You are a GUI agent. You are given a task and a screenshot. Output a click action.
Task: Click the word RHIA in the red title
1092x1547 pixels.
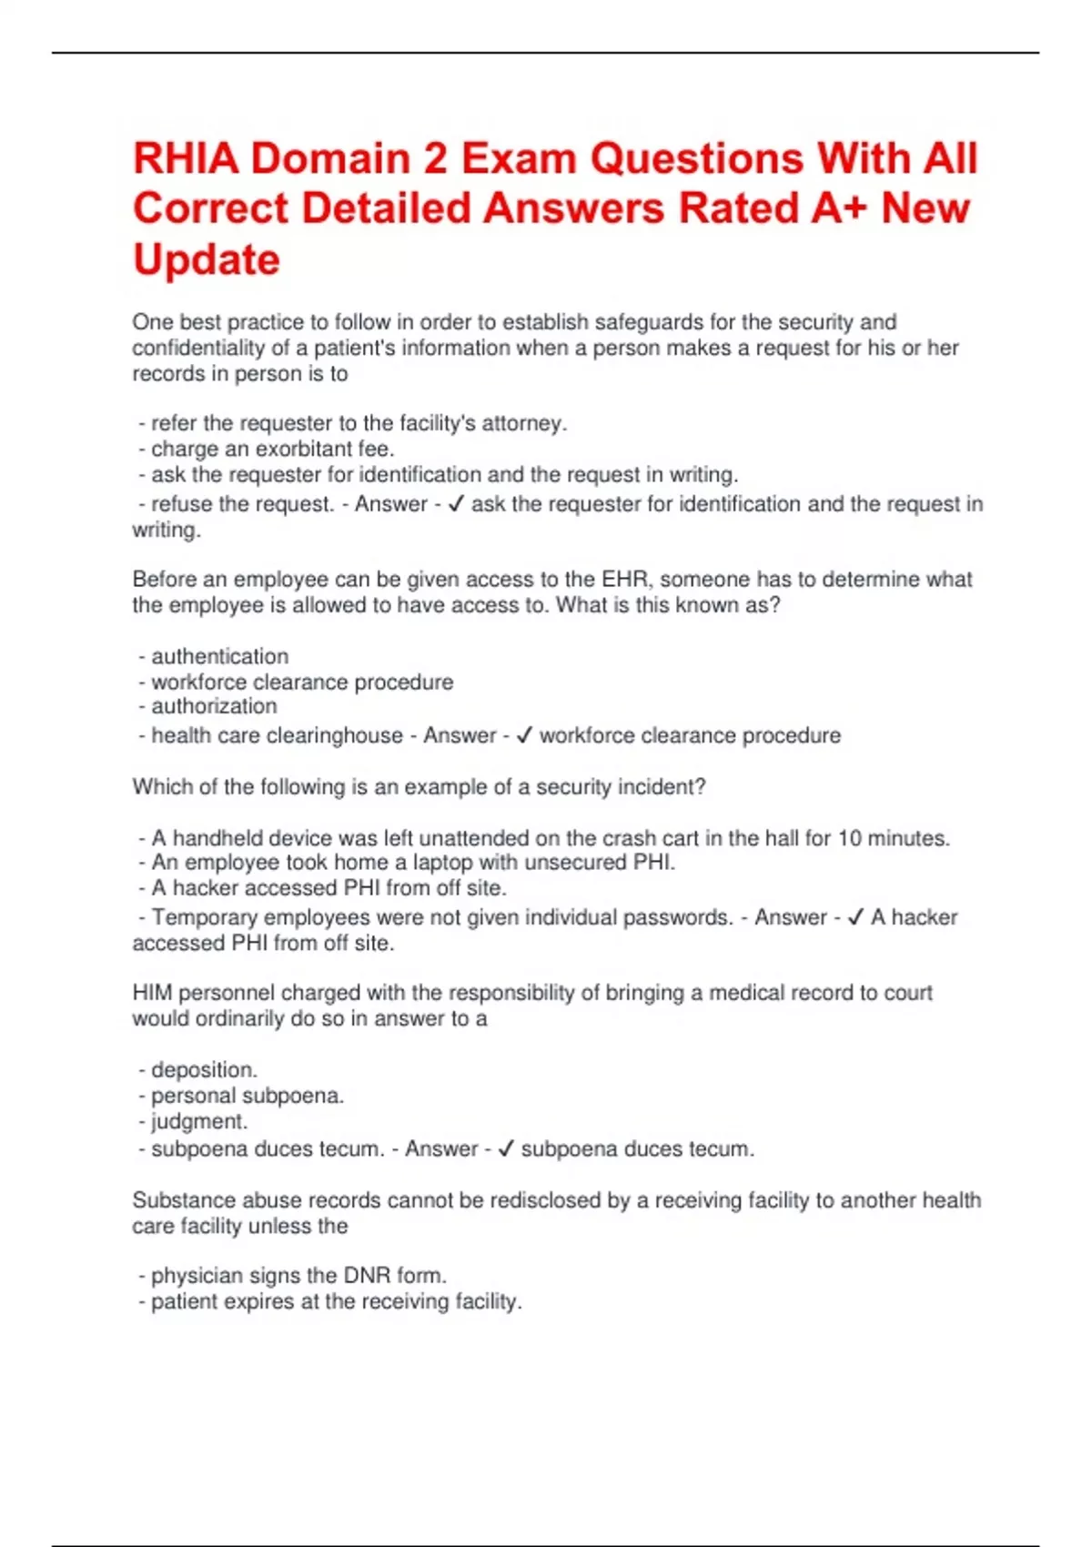(186, 159)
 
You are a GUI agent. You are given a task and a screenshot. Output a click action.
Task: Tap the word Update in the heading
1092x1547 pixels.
(207, 260)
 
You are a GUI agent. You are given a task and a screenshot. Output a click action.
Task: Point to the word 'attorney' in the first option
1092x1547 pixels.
(522, 423)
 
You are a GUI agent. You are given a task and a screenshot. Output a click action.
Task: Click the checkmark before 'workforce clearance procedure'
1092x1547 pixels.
(524, 735)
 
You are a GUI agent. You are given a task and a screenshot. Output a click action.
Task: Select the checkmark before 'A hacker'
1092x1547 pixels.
(855, 917)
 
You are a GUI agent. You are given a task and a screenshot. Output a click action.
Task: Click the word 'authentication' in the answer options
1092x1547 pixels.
(219, 656)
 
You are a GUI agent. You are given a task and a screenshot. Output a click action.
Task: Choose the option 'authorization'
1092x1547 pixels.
(214, 706)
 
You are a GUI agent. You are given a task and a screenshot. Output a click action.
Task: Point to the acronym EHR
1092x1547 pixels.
(623, 580)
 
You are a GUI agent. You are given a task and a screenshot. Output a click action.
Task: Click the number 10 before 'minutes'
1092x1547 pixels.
(849, 838)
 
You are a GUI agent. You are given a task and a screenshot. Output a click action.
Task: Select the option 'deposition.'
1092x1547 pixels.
(204, 1070)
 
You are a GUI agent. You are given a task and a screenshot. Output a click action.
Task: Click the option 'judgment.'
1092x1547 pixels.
(199, 1121)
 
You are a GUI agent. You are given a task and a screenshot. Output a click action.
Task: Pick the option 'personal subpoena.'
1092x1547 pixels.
(248, 1096)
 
